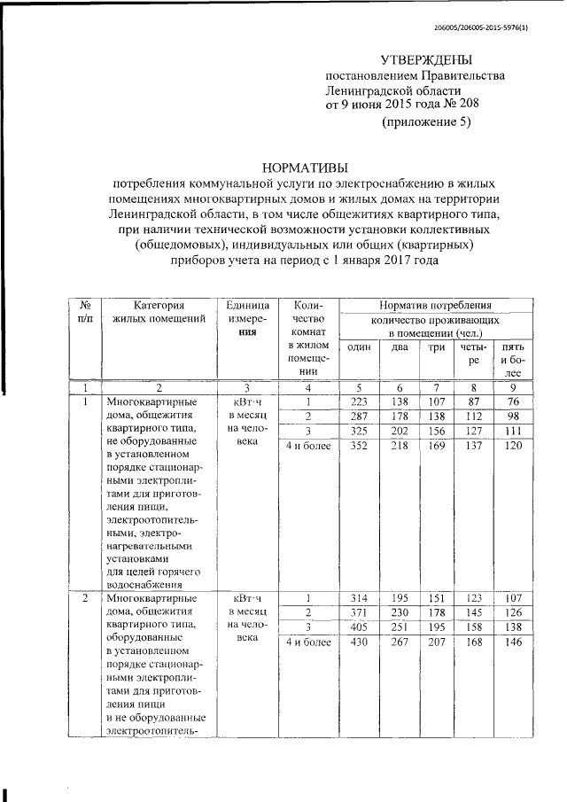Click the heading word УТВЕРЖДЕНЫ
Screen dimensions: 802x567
[426, 59]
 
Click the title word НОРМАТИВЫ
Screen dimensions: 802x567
[305, 167]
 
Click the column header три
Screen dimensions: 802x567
[436, 346]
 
